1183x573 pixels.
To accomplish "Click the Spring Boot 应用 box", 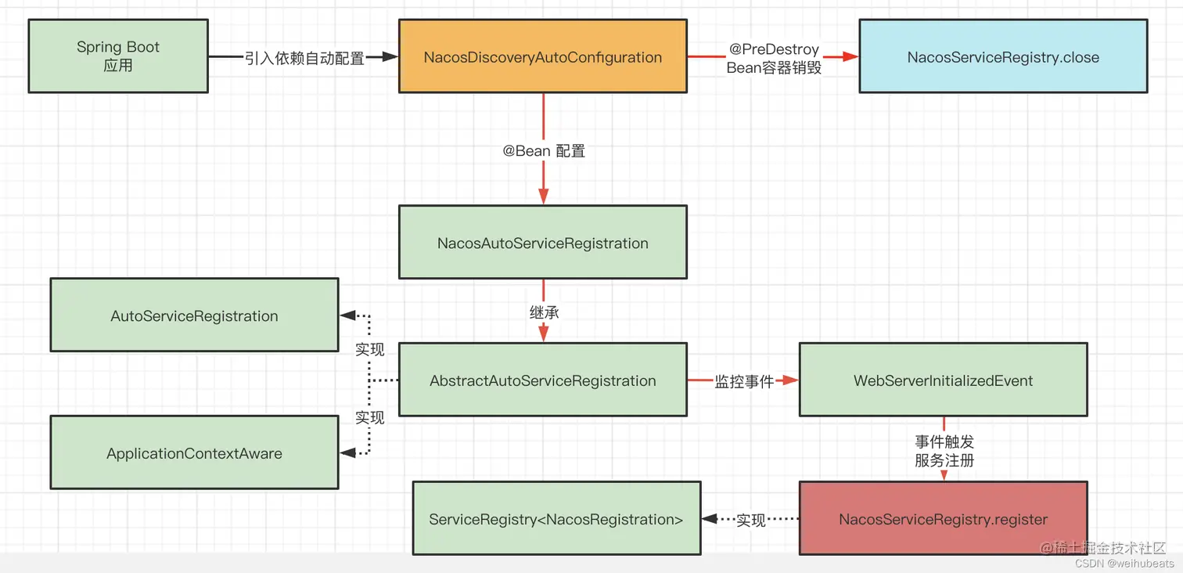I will (118, 56).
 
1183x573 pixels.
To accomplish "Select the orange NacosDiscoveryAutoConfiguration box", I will (542, 57).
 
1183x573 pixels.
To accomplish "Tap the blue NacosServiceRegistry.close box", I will (1003, 57).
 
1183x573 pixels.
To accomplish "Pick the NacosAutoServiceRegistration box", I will (542, 243).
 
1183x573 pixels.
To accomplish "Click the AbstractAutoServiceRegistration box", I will (542, 380).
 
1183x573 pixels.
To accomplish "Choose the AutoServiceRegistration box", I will (194, 315).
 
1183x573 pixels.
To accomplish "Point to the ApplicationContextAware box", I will (194, 453).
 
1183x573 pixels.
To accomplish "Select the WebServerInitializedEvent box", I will (943, 380).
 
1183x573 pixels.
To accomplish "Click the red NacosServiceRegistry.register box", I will (943, 519).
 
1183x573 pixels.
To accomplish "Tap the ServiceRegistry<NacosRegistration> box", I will (556, 519).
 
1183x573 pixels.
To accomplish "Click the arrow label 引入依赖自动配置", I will (304, 57).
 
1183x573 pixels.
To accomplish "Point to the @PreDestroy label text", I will (774, 49).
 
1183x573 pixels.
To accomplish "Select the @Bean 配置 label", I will (544, 150).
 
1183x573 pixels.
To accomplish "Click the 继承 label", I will (544, 312).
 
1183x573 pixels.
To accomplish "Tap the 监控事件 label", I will (744, 381).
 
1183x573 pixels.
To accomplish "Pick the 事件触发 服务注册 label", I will (944, 452).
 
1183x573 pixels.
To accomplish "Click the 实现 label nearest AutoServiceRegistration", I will (369, 349).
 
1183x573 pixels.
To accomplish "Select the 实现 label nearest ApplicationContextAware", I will (369, 417).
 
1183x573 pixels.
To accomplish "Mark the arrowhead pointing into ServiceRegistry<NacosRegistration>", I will (710, 519).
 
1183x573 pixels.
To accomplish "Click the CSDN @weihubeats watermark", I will (1124, 564).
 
